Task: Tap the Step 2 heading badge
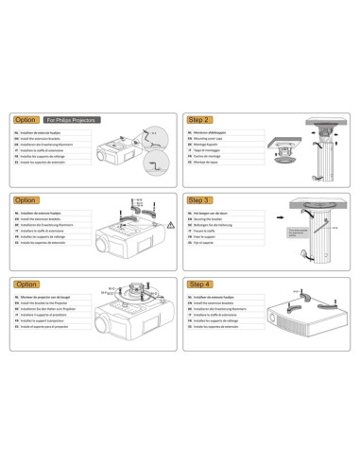[200, 120]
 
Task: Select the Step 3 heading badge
[200, 200]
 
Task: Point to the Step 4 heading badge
[200, 284]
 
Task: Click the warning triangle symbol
[170, 226]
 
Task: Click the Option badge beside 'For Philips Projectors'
[26, 120]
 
